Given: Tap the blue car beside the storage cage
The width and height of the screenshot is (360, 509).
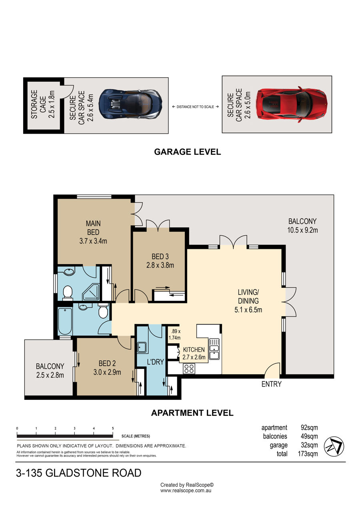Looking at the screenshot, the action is point(130,104).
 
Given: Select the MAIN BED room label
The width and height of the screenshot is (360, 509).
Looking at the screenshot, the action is point(93,228).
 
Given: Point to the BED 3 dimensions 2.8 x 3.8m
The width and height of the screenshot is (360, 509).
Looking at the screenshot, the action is point(160,265).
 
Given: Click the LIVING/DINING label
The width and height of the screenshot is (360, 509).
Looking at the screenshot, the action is point(248,297).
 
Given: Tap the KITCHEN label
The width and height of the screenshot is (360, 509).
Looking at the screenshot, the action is point(194,349).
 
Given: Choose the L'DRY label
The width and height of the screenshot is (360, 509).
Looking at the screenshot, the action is point(155,362).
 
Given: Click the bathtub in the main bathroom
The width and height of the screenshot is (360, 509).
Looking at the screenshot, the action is point(65,321).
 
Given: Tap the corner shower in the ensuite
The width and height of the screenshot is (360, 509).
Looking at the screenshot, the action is point(91,292).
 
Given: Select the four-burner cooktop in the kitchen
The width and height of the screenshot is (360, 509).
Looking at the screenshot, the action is point(189,369).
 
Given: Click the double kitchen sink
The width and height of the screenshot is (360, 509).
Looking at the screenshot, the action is point(214,349).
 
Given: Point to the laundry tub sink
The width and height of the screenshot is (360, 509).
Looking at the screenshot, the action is point(142,347).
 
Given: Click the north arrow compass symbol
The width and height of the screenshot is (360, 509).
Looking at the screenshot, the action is point(334,447).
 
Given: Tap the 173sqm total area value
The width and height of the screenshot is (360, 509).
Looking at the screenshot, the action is point(308,454).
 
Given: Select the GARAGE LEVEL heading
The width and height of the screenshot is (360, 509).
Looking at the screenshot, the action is point(187,152).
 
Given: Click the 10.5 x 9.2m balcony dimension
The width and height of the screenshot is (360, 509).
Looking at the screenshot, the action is point(302,230).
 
